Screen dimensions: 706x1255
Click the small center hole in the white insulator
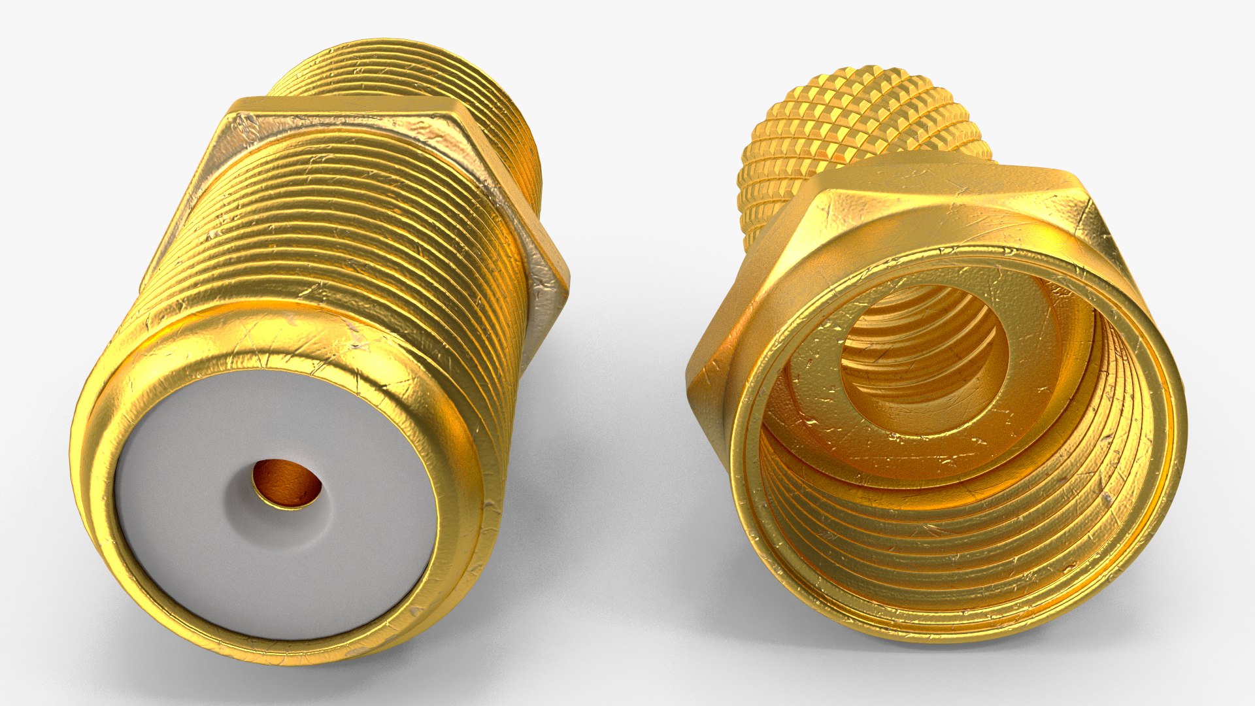click(288, 484)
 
